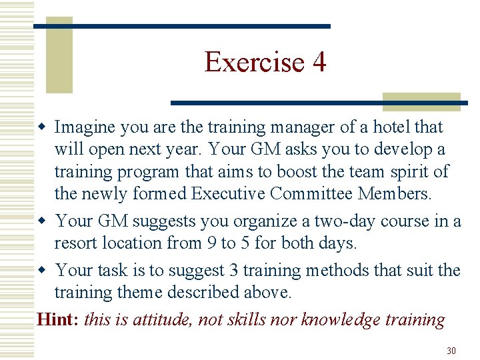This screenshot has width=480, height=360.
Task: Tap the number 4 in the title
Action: (x=319, y=62)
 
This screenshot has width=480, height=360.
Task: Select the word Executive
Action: (x=228, y=195)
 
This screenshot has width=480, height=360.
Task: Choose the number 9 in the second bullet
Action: (x=211, y=243)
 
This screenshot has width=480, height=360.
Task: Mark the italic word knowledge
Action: (x=342, y=319)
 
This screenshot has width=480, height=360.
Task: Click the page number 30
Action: (x=451, y=350)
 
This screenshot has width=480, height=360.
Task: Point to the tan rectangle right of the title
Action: (x=421, y=101)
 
